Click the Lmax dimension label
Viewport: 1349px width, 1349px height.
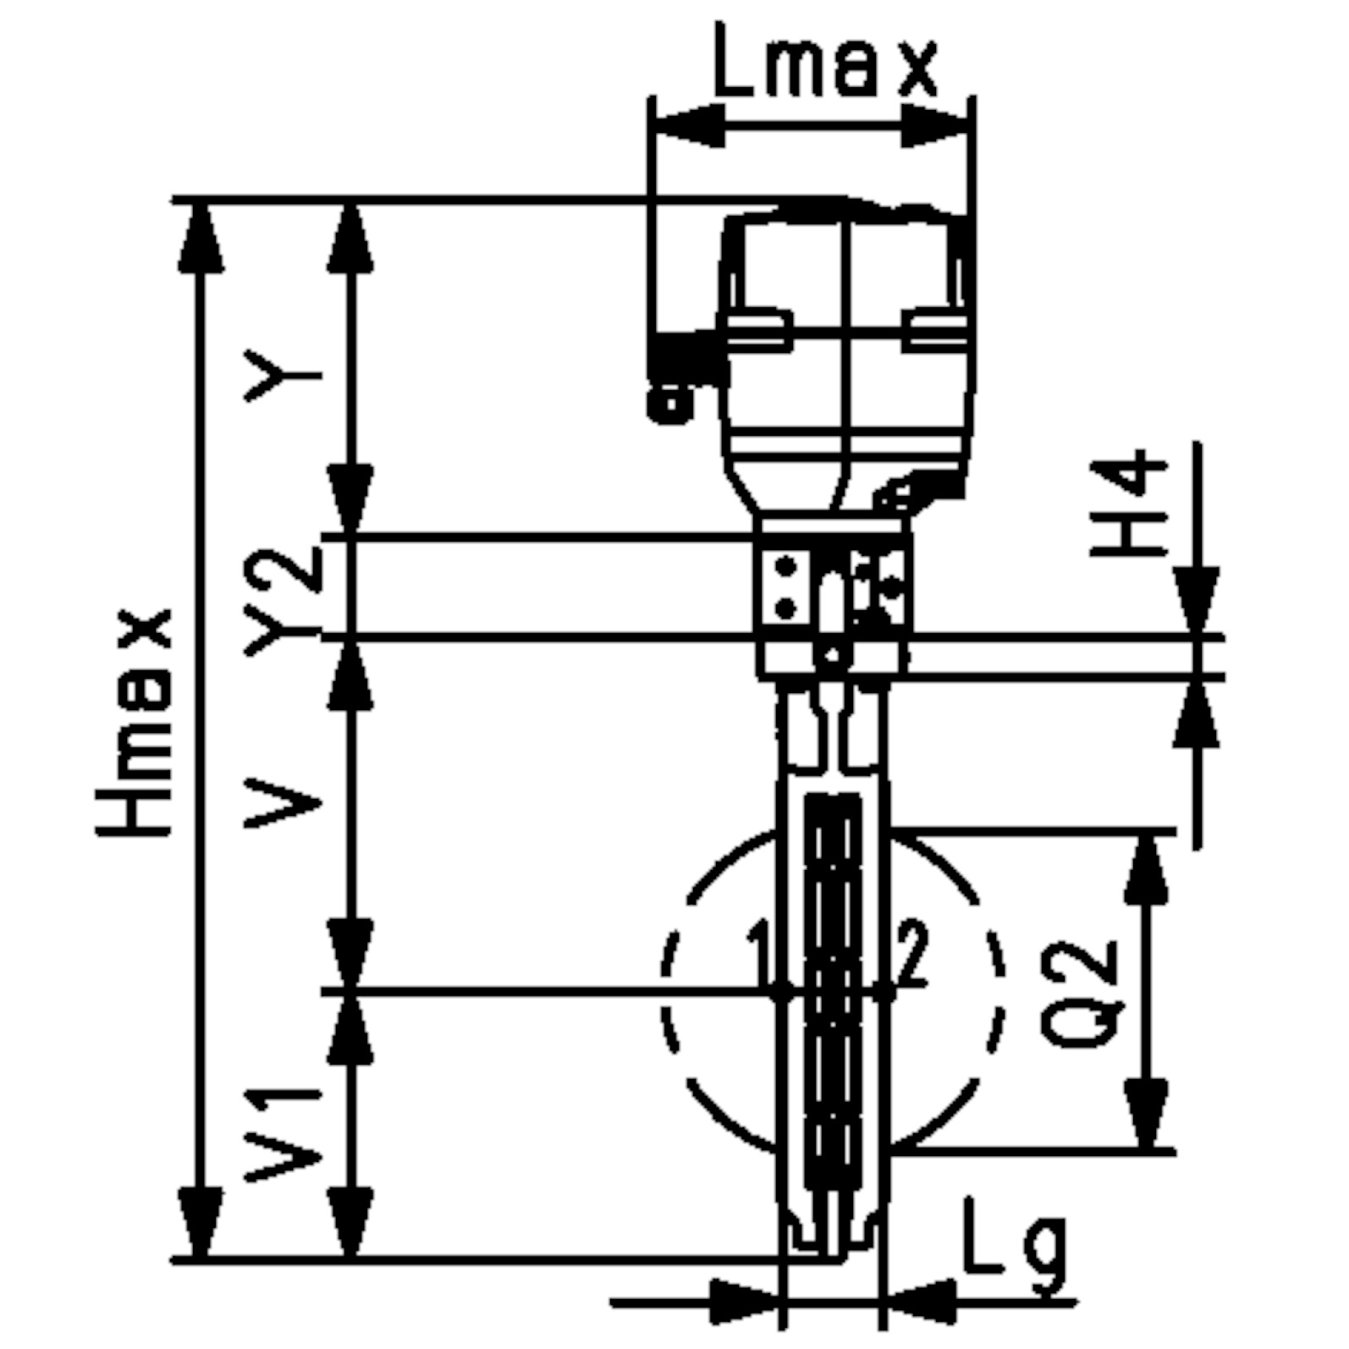point(825,59)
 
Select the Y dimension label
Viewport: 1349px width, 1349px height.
point(282,374)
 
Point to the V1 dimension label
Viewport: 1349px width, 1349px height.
point(282,1133)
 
